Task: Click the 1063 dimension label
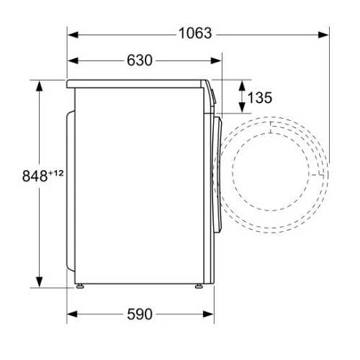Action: point(195,33)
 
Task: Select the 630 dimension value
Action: point(140,60)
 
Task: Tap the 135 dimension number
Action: point(260,98)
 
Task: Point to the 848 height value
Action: point(35,176)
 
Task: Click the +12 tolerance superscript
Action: point(56,173)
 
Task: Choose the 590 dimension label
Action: point(140,314)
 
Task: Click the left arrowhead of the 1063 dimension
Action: point(73,35)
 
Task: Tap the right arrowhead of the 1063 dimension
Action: point(323,35)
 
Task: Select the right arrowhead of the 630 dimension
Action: point(216,60)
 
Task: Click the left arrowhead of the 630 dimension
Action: point(73,60)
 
